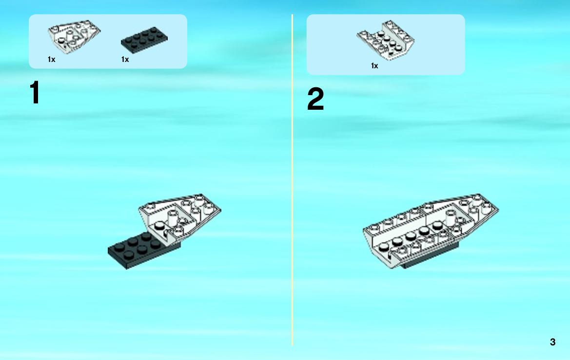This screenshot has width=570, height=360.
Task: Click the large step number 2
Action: pos(315,99)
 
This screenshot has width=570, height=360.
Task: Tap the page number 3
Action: pos(552,342)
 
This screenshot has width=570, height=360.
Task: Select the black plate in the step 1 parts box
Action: pos(144,40)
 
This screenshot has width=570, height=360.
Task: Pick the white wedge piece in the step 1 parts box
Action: pos(74,37)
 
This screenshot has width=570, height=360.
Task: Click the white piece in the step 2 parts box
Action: pos(385,40)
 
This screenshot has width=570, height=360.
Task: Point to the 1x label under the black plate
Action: pos(125,60)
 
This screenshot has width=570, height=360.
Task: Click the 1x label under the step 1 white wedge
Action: pos(52,60)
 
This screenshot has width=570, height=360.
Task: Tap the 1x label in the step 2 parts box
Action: pos(374,66)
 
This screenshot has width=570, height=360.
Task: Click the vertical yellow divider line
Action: pos(292,180)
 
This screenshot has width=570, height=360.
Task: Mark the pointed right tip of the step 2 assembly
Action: pos(498,210)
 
